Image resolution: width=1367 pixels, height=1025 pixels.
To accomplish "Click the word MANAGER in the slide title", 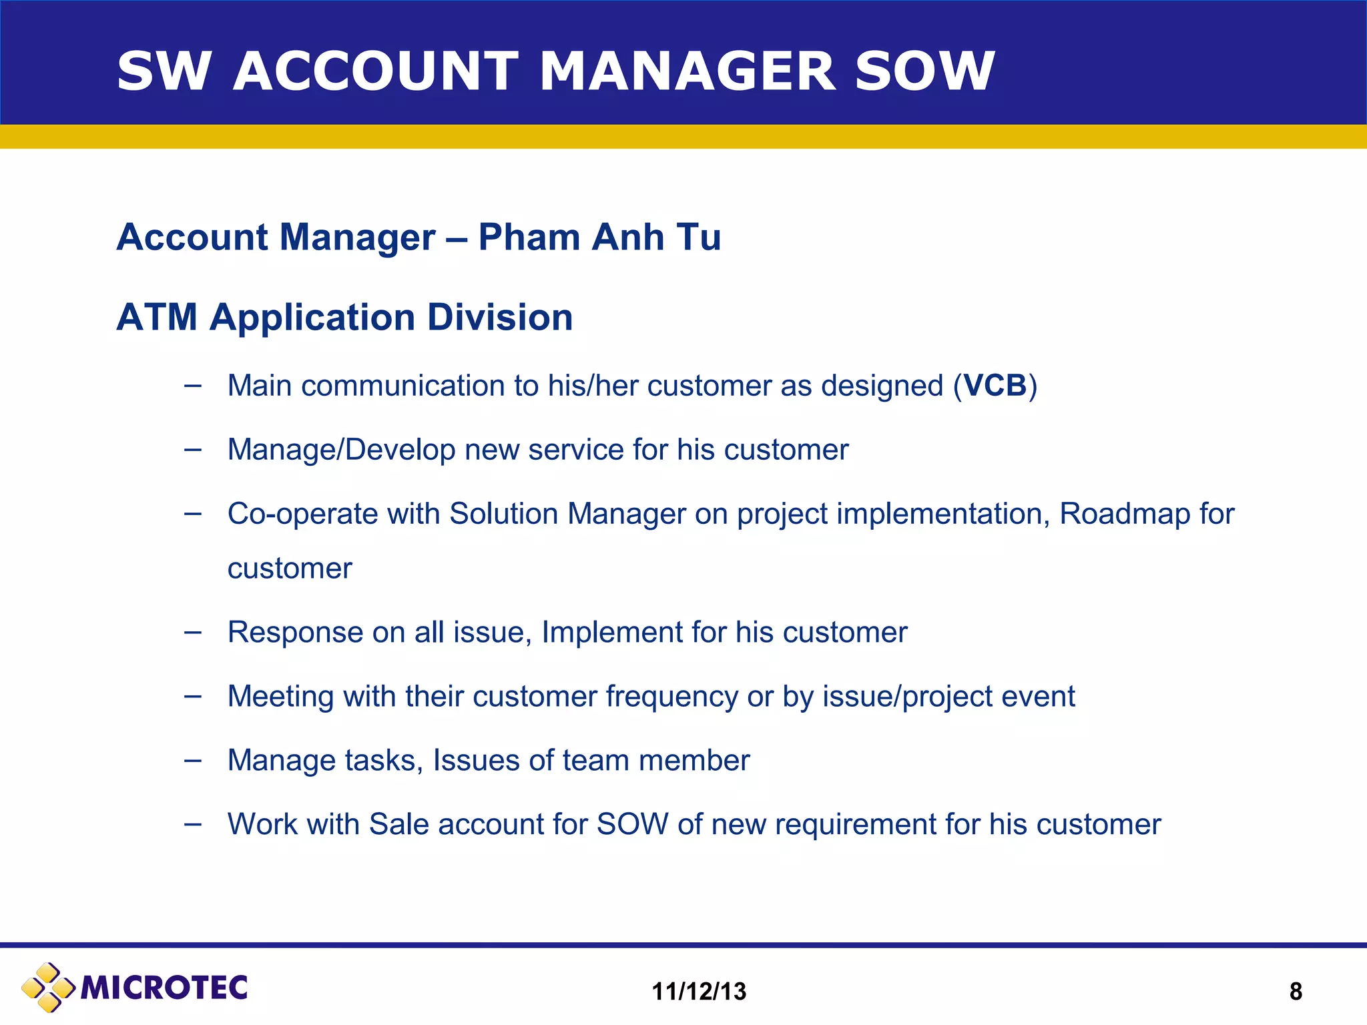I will coord(687,71).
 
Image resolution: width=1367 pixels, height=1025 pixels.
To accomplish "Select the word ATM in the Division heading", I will coord(157,317).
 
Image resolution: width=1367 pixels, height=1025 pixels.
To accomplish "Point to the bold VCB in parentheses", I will coord(995,386).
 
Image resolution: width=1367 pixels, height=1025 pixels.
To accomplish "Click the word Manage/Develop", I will coord(341,450).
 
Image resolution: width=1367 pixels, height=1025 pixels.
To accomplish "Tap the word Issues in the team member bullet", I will coord(477,761).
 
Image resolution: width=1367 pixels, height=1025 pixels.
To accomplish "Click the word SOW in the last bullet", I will coord(632,824).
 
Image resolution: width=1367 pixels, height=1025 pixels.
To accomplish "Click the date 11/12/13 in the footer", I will coord(699,992).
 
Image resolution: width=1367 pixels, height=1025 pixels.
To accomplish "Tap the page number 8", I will coord(1296,992).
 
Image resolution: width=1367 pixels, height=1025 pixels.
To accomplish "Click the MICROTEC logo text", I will coord(164,988).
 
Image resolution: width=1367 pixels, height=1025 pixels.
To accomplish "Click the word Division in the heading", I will coord(500,317).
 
